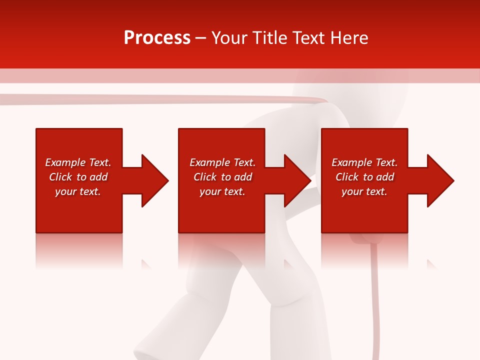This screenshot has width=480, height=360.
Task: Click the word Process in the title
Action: tap(157, 38)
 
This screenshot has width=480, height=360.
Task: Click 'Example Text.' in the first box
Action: tap(78, 162)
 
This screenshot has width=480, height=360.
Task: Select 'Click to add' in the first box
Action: tap(78, 177)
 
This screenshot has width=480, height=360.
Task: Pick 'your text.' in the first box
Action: tap(78, 191)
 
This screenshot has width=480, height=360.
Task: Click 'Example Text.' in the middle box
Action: tap(222, 162)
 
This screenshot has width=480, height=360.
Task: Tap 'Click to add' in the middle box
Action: tap(222, 177)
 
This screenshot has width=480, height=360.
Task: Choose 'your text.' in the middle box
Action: tap(222, 191)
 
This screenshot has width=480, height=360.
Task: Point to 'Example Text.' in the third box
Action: tap(364, 162)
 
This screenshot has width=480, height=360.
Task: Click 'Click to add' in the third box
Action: tap(364, 177)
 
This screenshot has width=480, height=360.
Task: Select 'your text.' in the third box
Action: tap(364, 191)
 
